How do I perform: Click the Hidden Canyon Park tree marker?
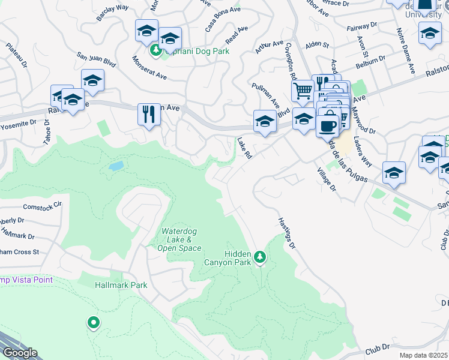pos(260,257)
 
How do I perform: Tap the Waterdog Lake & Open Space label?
pos(181,240)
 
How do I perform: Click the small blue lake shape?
pos(116,165)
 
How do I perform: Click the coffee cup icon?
pos(327,126)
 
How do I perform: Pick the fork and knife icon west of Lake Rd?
pos(149,113)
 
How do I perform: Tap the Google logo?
pos(19,353)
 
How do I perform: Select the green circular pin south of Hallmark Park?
pos(93,323)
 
